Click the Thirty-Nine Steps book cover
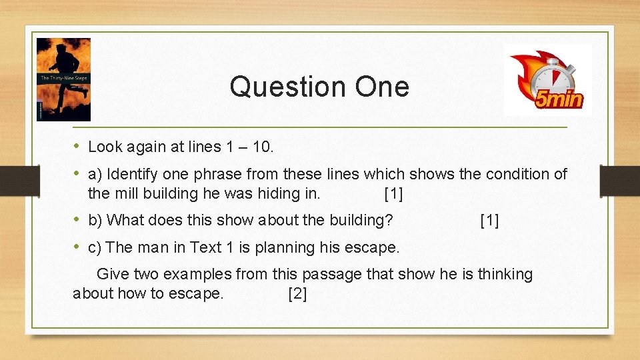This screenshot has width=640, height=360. click(63, 79)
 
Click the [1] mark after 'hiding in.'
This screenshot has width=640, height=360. click(393, 195)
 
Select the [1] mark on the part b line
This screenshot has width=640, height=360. click(489, 220)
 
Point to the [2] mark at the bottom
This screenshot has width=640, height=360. click(297, 294)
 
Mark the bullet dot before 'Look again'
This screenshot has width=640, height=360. click(77, 145)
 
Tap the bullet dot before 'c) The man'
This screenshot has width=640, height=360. click(77, 247)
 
